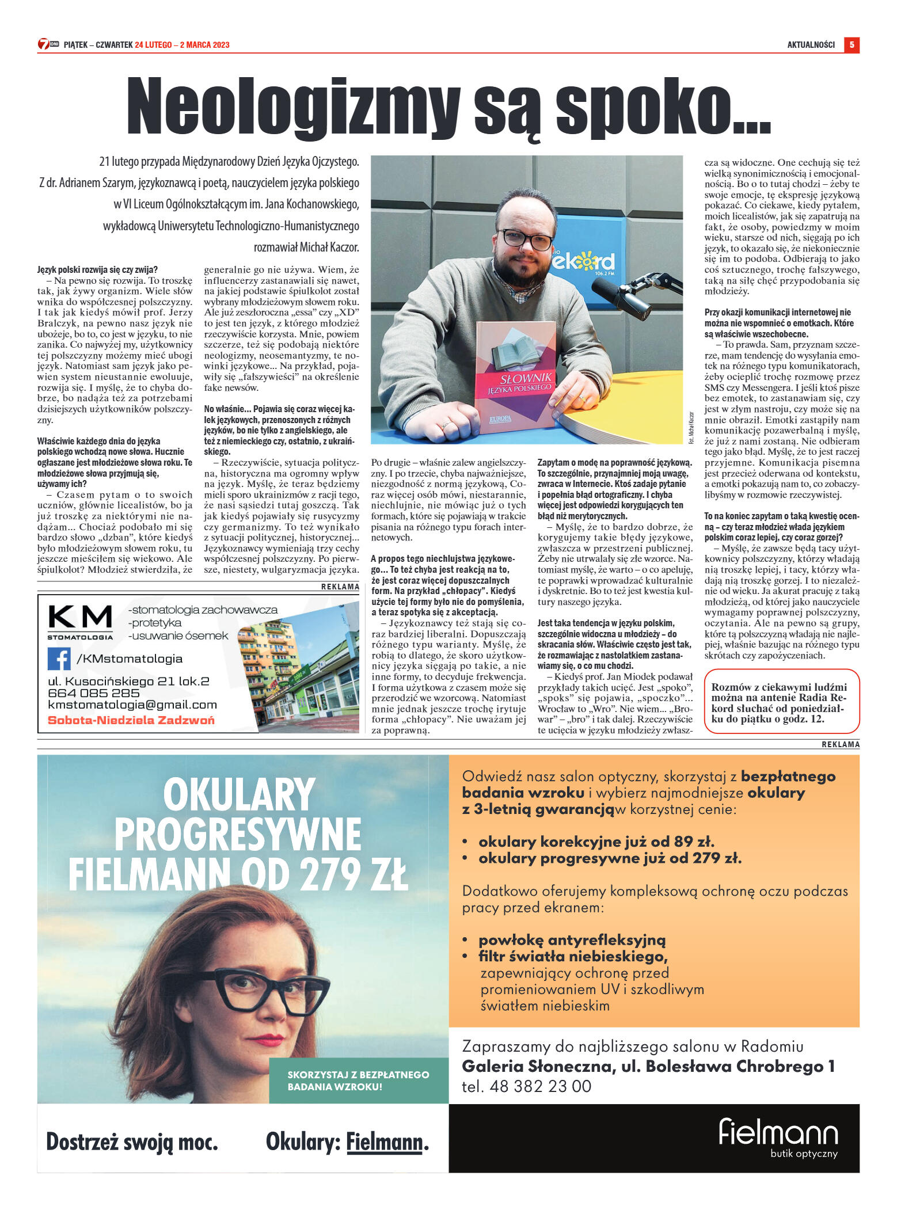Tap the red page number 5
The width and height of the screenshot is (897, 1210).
852,45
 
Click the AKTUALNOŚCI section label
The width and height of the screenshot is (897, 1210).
811,45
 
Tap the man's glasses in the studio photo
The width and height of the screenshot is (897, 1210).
525,238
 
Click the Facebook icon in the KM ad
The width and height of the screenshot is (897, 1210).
59,659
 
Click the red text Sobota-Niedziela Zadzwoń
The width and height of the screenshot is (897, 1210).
131,720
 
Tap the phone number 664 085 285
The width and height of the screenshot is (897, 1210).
94,693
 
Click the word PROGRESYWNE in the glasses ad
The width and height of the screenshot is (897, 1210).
238,835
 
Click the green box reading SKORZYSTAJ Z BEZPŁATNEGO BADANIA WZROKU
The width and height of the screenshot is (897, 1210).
358,1080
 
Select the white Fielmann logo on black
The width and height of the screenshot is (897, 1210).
778,1133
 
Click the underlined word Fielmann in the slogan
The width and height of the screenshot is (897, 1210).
384,1142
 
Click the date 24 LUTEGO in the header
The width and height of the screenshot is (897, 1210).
153,45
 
